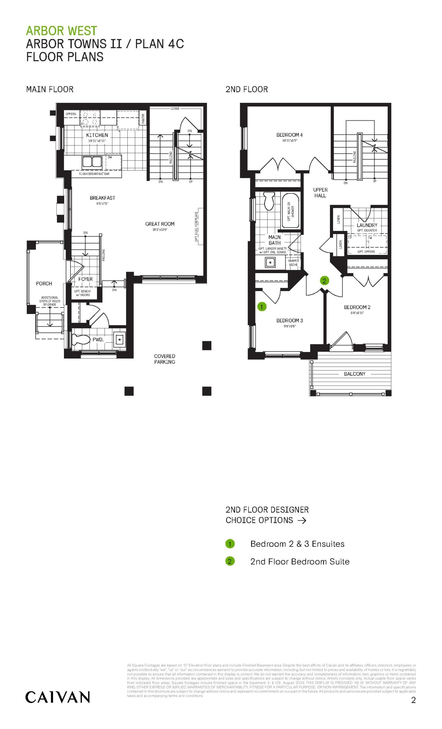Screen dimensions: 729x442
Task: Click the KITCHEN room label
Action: pos(97,135)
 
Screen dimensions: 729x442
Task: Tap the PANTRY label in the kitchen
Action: pos(143,119)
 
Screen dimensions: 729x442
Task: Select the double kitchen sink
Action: pos(92,162)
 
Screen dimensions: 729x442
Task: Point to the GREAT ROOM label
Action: pos(160,224)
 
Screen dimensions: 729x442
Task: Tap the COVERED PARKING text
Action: pos(164,359)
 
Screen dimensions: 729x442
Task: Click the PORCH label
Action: pos(44,283)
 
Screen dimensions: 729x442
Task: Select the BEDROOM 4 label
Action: pos(289,135)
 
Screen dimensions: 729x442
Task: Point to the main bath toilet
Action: pos(268,201)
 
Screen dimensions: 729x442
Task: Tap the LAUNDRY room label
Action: pos(367,225)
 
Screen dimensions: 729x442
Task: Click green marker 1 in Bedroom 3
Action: pos(261,306)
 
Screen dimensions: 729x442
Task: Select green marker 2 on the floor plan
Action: pos(324,280)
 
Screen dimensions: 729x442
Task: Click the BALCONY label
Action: pos(355,374)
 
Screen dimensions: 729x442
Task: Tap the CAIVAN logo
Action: pos(57,697)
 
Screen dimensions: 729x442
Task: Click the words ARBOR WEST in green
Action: pos(61,31)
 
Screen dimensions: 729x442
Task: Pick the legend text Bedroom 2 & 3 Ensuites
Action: pos(297,544)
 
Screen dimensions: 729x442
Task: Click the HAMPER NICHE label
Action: pos(293,263)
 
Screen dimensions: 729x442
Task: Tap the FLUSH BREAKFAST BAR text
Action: pos(94,174)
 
